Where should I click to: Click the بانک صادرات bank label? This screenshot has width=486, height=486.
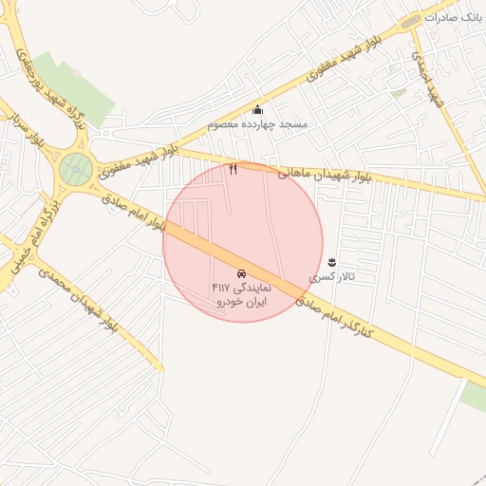point(456,17)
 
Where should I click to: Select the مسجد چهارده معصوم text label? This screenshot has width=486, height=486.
point(252,124)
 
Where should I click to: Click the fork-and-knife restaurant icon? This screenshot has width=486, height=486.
point(234,169)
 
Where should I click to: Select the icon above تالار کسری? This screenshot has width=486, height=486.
point(331,261)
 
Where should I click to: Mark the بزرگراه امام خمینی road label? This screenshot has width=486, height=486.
point(28,241)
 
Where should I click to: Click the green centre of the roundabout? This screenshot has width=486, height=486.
point(75,170)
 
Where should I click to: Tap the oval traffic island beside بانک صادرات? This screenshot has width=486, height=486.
point(411,22)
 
